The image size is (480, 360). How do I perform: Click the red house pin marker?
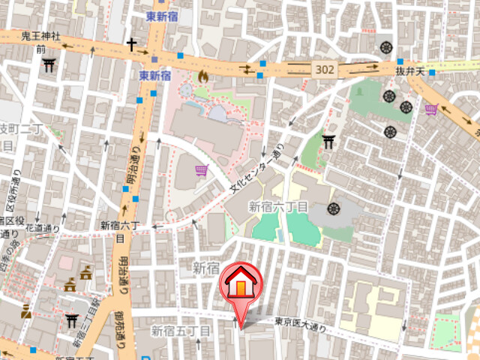coord(240,285)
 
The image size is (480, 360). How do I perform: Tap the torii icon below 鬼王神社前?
coord(50,64)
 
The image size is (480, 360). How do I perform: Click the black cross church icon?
coord(132,45)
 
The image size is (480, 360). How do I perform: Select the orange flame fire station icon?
coord(202,76)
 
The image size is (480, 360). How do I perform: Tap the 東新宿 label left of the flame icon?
coord(155,76)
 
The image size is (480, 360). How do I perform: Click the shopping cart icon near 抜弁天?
coord(431,110)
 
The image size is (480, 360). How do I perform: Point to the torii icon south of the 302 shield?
coord(328,140)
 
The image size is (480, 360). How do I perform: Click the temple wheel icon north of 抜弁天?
coord(387,46)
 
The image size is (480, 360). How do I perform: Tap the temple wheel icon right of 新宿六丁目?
coord(333,207)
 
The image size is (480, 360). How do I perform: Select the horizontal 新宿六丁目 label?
coord(278,206)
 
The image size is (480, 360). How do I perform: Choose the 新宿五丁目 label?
coord(181,330)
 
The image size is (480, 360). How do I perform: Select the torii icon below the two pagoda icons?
coord(72,321)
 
